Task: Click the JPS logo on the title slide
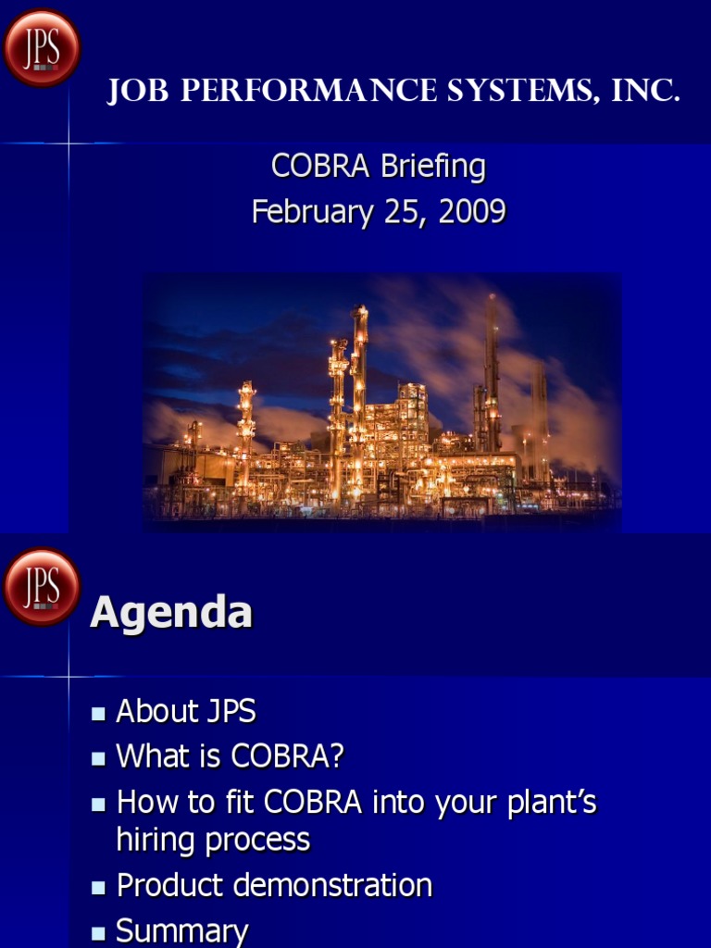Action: coord(41,47)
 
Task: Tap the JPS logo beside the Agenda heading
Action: coord(41,587)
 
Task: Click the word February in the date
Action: coord(306,212)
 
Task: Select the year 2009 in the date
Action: coord(472,212)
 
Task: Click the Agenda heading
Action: coord(171,613)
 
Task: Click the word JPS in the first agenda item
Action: coord(225,712)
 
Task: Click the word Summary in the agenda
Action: coord(182,931)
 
